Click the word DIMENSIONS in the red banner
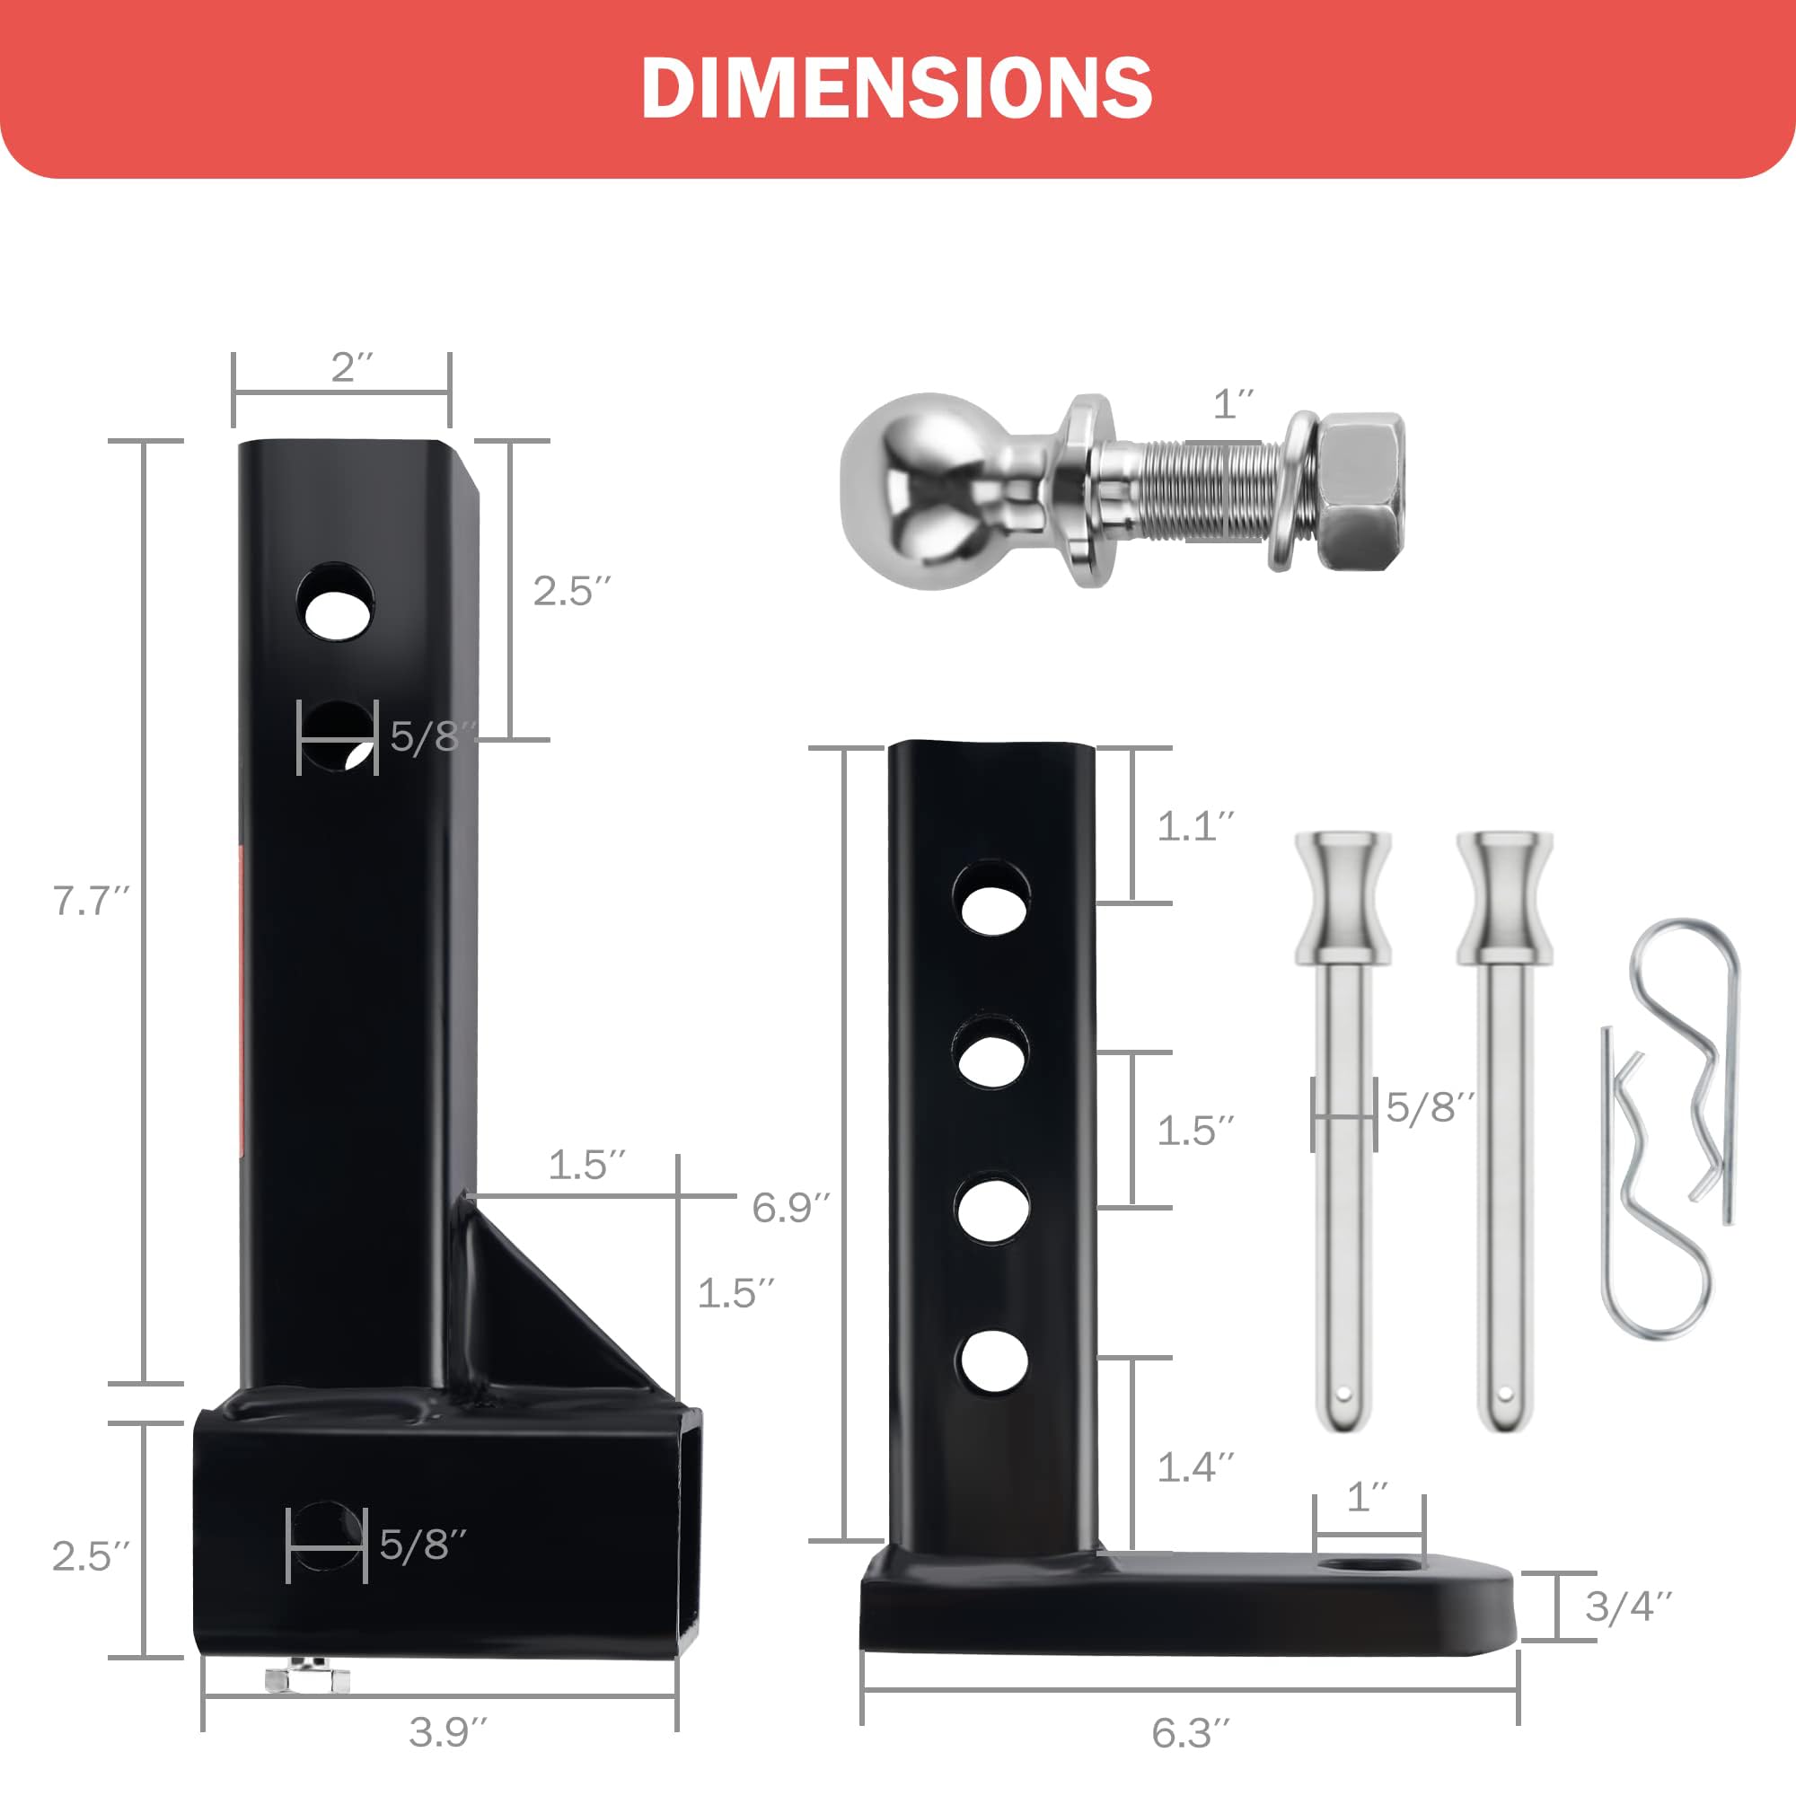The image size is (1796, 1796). (897, 87)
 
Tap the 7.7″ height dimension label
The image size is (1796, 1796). (91, 900)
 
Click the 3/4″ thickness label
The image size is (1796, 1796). (1629, 1606)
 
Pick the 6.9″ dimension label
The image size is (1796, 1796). (790, 1207)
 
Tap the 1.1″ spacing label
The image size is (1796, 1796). (1195, 825)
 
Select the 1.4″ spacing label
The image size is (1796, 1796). (1195, 1466)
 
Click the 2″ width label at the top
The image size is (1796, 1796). (352, 367)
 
